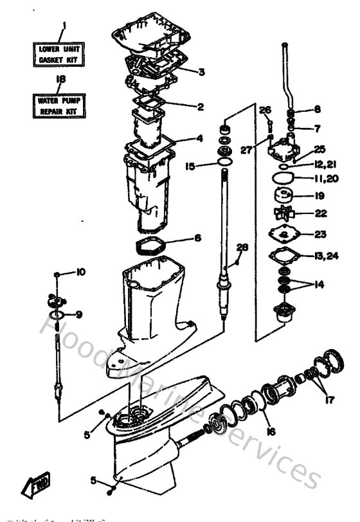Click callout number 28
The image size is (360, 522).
coord(242,248)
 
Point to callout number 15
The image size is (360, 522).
coord(190,166)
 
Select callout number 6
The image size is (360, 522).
coord(197,238)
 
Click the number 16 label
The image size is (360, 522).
coord(270,432)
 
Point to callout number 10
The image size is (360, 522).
coord(80,273)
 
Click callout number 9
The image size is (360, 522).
coord(78,314)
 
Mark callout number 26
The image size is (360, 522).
coord(265,110)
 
